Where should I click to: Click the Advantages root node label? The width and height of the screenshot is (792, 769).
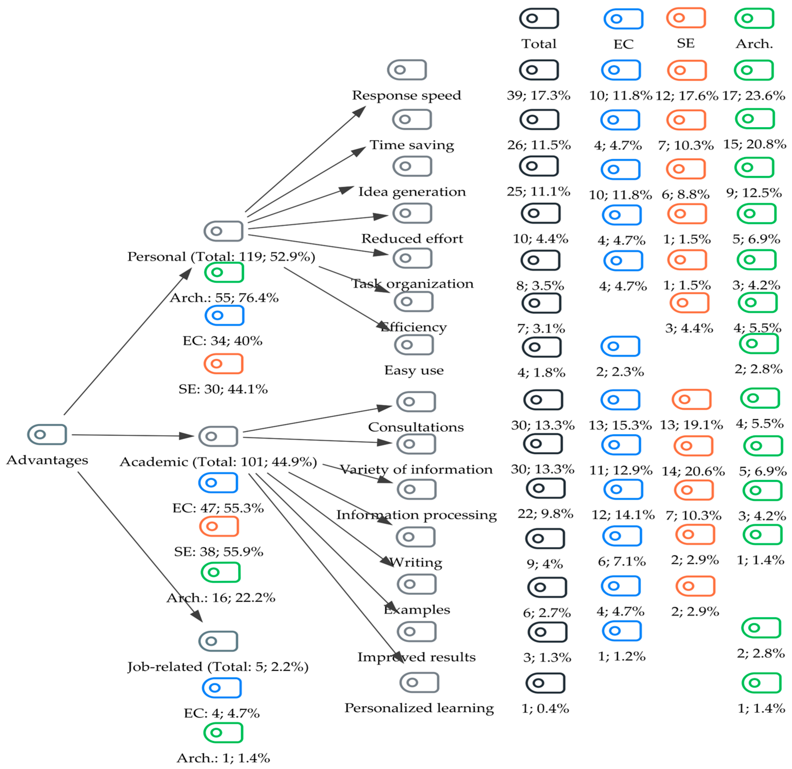[x=47, y=460]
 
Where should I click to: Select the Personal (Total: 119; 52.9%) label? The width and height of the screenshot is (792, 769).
[x=221, y=256]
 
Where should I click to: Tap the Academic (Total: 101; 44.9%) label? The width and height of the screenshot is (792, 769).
[x=218, y=462]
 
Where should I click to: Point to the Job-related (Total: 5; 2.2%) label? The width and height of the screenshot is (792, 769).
[x=218, y=667]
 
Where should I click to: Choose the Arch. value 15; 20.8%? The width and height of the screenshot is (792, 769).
[x=754, y=144]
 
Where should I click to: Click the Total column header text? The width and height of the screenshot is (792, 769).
[x=539, y=44]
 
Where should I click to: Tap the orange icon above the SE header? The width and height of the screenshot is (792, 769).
[x=686, y=18]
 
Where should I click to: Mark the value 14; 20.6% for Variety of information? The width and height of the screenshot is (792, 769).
[x=693, y=471]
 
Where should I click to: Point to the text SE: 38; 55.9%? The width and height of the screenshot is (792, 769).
[x=219, y=552]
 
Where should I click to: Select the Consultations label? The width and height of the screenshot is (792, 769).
[x=416, y=427]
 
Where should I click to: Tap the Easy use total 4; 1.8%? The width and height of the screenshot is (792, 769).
[x=541, y=372]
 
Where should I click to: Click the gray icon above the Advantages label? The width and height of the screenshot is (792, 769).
[x=47, y=435]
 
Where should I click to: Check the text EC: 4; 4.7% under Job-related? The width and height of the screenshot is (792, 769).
[x=221, y=713]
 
